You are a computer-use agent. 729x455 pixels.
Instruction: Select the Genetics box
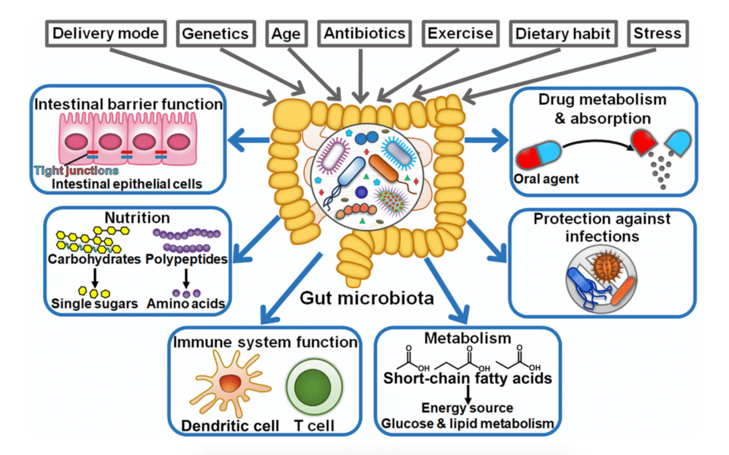tap(216, 34)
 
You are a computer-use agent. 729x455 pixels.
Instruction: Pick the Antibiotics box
tap(364, 34)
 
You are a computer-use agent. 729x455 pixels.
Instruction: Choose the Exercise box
tap(459, 34)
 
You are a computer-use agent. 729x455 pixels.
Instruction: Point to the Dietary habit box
tap(562, 34)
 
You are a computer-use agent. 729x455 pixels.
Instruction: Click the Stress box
tap(657, 34)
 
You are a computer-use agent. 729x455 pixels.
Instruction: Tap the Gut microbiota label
tap(367, 297)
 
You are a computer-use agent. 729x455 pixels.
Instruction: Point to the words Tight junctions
tap(76, 171)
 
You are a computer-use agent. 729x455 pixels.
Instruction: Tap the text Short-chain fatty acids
tap(467, 378)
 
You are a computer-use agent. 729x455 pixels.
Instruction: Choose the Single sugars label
tap(94, 304)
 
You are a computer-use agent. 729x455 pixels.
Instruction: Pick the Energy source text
tap(467, 408)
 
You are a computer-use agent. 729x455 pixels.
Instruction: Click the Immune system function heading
tap(265, 342)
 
